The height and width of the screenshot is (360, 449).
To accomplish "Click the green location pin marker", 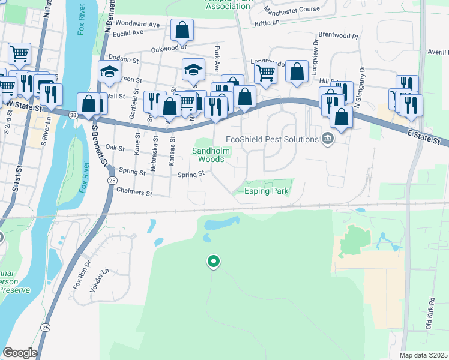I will (x=213, y=262).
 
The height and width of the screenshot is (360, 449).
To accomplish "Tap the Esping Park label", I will (x=267, y=192).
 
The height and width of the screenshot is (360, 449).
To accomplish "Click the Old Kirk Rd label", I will (x=430, y=313).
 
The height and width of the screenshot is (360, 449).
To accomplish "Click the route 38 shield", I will (x=73, y=114).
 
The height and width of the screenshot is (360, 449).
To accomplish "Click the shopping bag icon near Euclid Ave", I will (x=182, y=29).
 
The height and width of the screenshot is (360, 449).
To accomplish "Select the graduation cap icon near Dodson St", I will (x=109, y=71).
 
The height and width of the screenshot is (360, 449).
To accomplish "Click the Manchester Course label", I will (x=292, y=11).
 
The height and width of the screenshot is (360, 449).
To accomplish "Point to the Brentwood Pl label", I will (x=338, y=35).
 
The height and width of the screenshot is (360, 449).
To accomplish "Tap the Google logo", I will (x=20, y=353).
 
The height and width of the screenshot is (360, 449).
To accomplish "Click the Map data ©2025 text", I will (x=423, y=355).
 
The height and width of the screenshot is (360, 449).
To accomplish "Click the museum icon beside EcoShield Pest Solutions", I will (x=328, y=139).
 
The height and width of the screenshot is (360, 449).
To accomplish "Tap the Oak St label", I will (x=114, y=147).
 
